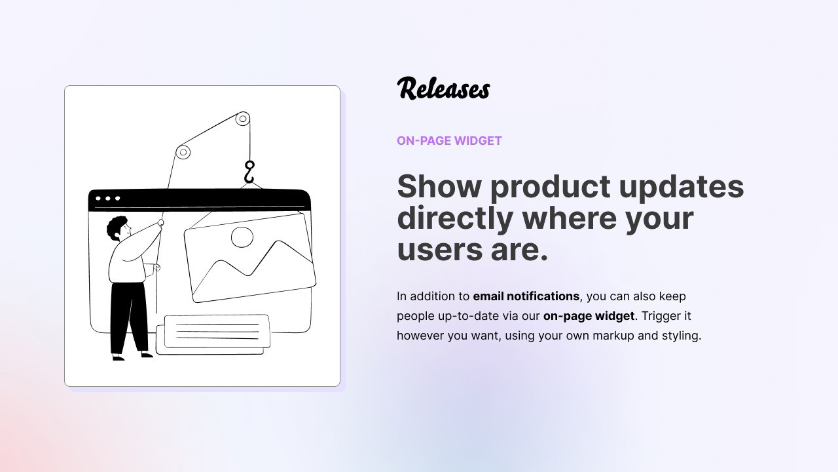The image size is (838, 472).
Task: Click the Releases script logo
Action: point(443,88)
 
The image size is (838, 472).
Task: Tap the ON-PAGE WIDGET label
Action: point(449,141)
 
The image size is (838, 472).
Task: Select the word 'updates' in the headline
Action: point(682,187)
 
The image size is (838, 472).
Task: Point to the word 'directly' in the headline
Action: point(455,219)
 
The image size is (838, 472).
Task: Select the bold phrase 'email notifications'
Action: point(526,296)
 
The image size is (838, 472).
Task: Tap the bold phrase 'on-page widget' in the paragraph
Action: point(589,316)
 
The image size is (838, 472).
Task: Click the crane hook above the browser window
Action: point(249,172)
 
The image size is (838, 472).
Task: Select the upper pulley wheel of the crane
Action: point(242,119)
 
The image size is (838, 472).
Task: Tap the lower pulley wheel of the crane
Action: point(183,152)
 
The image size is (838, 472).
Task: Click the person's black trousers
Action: point(129,319)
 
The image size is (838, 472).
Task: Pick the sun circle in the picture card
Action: point(242,237)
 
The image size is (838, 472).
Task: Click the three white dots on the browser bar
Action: point(108,198)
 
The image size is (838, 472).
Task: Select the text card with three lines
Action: point(217,331)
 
